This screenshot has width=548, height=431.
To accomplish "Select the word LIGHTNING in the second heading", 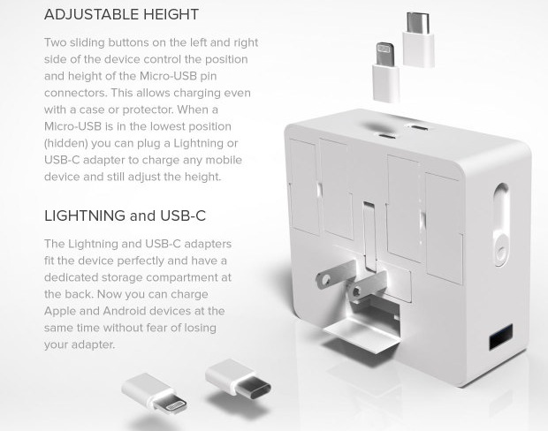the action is click(x=85, y=215).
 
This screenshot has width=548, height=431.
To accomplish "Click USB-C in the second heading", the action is click(x=183, y=215).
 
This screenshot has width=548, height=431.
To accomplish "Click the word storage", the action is click(x=122, y=277).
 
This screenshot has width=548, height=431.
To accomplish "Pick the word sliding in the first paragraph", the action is click(x=88, y=42).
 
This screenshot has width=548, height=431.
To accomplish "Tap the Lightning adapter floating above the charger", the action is click(x=386, y=72).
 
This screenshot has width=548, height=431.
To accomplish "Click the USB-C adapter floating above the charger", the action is click(x=418, y=40).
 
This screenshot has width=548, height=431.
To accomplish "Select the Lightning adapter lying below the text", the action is click(x=154, y=393).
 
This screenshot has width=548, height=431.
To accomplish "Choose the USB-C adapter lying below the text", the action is click(x=238, y=379).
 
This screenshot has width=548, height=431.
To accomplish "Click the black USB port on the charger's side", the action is click(x=501, y=336).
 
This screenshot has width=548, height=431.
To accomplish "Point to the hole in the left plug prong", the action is click(x=326, y=279).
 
